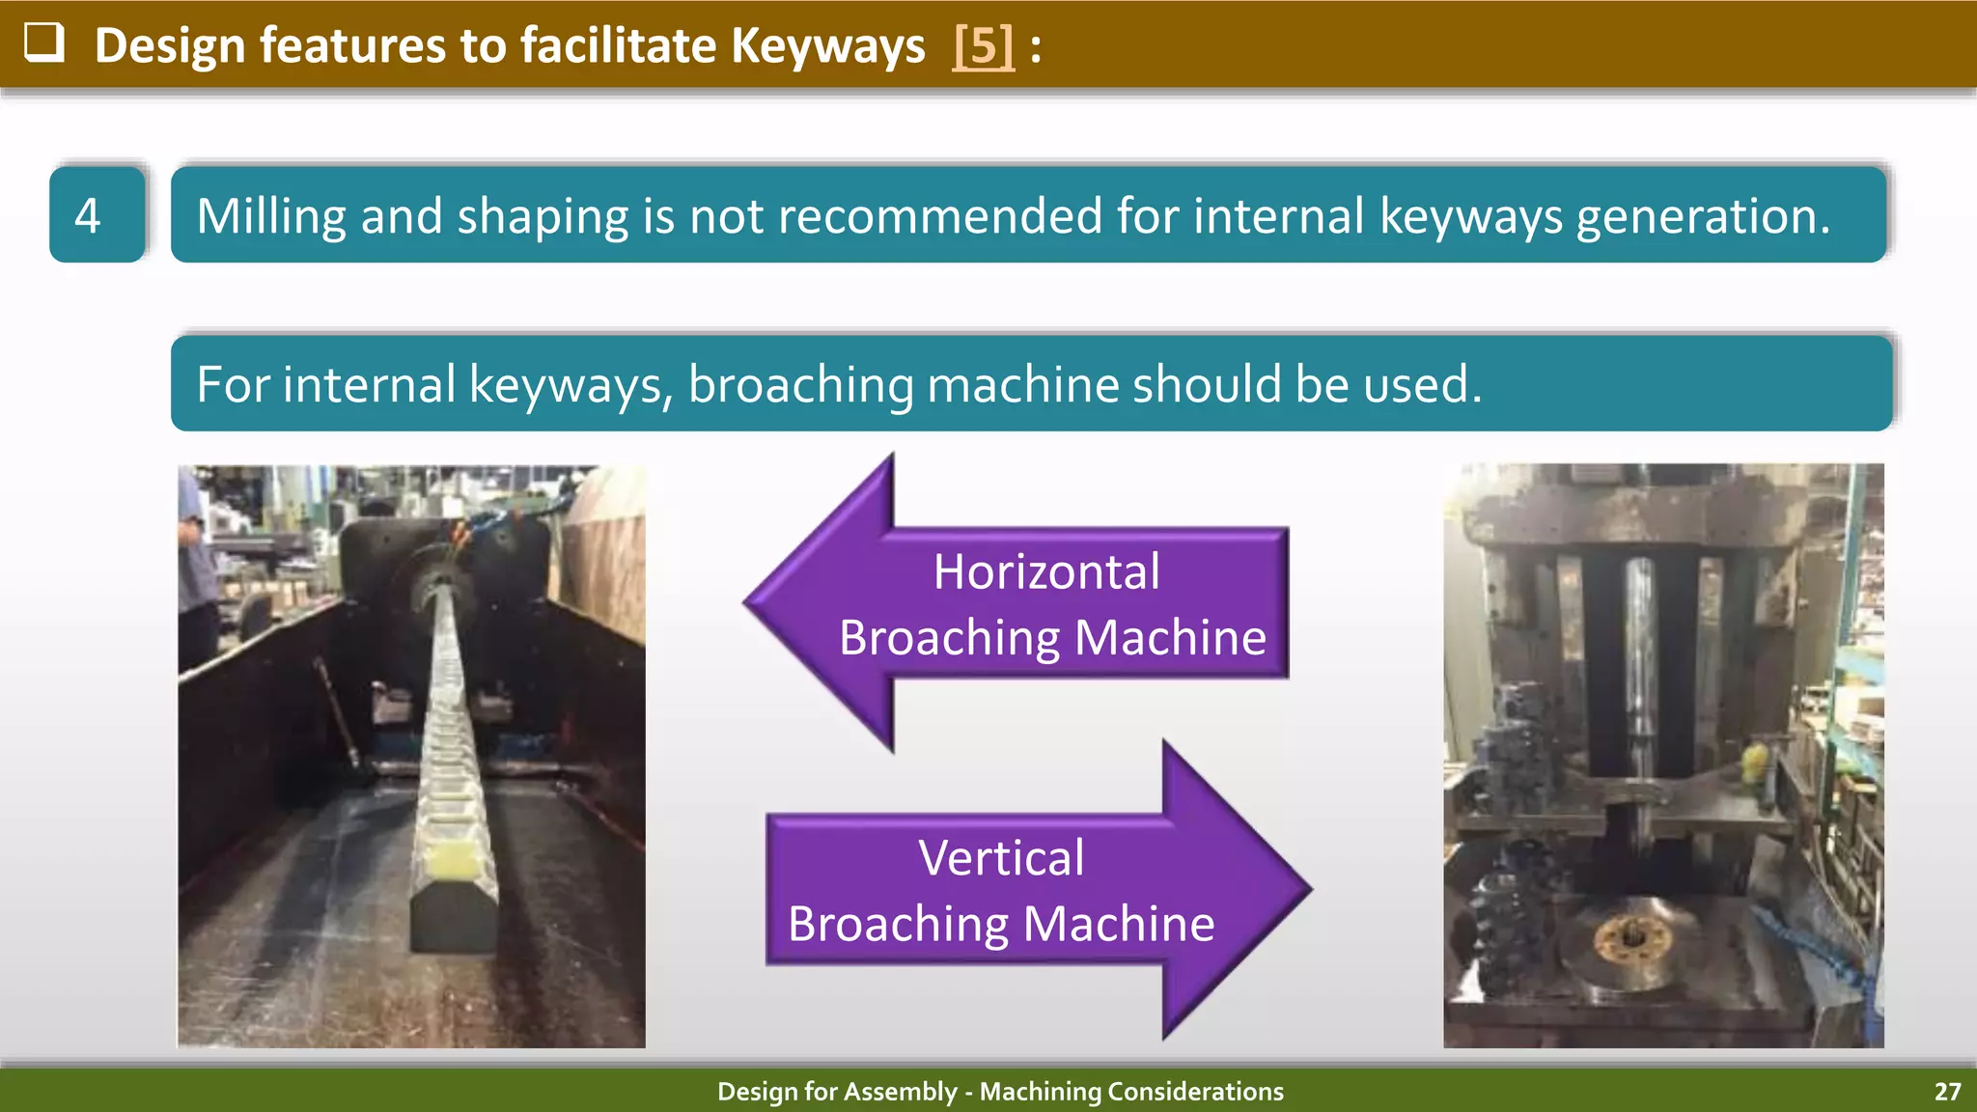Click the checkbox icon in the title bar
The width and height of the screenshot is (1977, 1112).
tap(44, 43)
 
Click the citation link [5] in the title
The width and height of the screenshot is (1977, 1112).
tap(983, 45)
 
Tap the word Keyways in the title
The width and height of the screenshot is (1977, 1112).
tap(827, 45)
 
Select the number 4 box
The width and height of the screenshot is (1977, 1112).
tap(97, 214)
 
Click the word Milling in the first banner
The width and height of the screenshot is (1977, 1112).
tap(271, 215)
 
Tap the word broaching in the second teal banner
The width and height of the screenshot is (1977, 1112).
tap(800, 384)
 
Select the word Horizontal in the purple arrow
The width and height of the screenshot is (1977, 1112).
tap(1046, 571)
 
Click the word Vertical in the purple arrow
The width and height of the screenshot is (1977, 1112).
tap(1001, 857)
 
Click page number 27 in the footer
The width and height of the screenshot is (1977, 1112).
tap(1947, 1092)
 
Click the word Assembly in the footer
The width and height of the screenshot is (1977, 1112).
tap(906, 1092)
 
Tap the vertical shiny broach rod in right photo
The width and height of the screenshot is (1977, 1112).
tap(1638, 676)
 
